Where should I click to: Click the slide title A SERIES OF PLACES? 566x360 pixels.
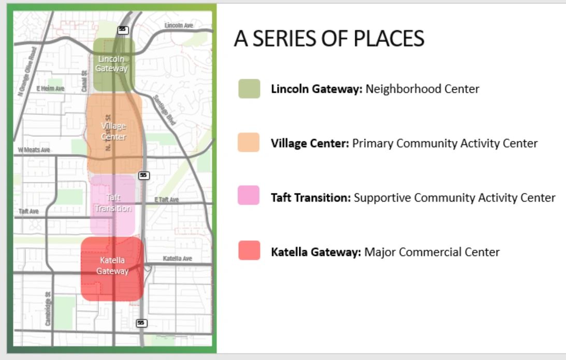tap(329, 39)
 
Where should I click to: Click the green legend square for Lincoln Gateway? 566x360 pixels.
tap(249, 89)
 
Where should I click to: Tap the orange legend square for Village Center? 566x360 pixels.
tap(249, 143)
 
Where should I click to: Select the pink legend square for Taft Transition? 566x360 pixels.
tap(249, 197)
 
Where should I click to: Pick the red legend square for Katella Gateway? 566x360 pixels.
tap(249, 252)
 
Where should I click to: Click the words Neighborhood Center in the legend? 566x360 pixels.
tap(422, 89)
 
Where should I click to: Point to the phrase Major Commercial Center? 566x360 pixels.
tap(432, 252)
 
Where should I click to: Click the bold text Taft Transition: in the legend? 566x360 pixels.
tap(311, 198)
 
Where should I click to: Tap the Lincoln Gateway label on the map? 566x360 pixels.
tap(111, 64)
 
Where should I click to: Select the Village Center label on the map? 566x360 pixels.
tap(113, 132)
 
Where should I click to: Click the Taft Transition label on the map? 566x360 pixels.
tap(113, 203)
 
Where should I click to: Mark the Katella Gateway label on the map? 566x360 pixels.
tap(112, 265)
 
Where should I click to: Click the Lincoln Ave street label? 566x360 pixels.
tap(178, 25)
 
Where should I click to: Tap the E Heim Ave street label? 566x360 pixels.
tap(50, 89)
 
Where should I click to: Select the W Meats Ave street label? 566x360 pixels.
tap(34, 150)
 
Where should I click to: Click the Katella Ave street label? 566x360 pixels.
tap(177, 258)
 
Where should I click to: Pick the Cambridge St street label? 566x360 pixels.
tap(48, 308)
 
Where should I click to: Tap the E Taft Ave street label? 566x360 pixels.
tap(166, 199)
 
